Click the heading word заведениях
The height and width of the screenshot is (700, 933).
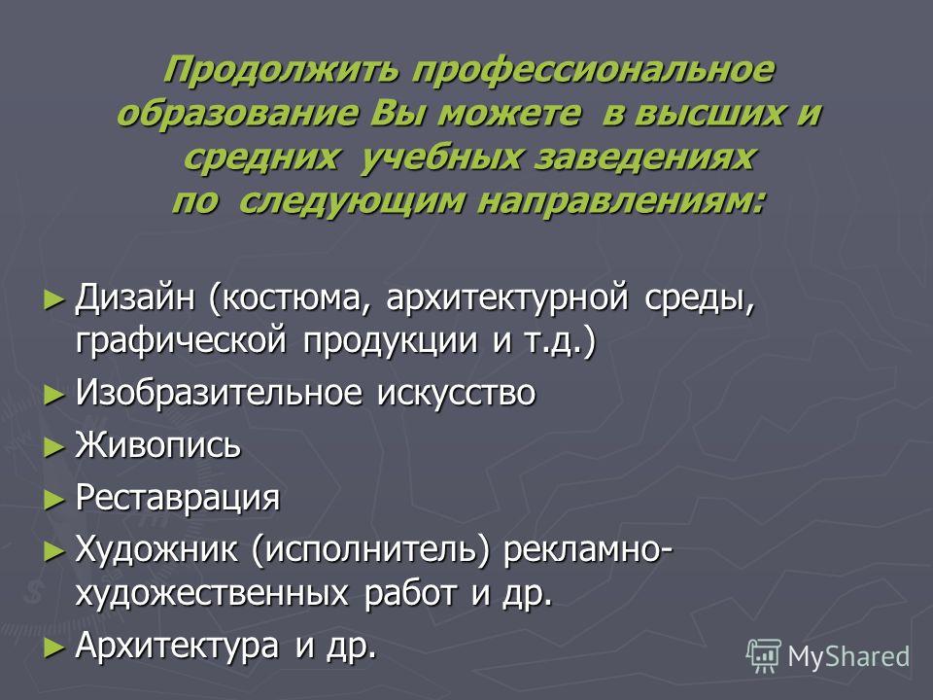click(x=644, y=158)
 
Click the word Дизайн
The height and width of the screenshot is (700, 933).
click(x=135, y=297)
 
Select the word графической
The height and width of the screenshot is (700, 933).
click(x=181, y=341)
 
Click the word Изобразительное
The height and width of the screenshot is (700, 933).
click(x=219, y=393)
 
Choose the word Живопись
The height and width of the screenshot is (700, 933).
click(x=157, y=444)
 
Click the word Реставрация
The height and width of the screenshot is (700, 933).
click(x=177, y=498)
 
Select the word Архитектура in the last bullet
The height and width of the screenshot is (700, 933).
click(x=177, y=646)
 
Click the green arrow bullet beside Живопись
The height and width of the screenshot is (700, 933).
click(x=54, y=447)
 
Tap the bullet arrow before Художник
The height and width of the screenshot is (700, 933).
click(x=54, y=550)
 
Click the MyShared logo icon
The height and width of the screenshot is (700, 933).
click(x=764, y=655)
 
